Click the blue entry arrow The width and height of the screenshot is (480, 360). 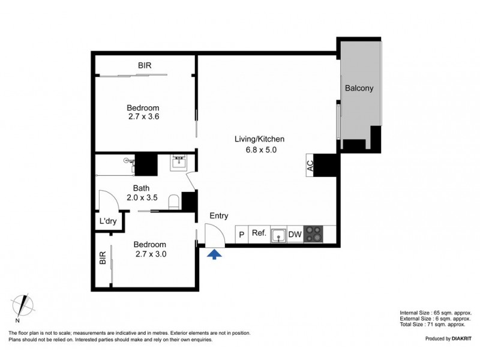coord(214,254)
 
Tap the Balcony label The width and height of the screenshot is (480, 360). coord(359,88)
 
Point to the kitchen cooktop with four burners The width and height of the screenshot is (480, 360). coord(313,234)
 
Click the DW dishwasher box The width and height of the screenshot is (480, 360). coord(295,234)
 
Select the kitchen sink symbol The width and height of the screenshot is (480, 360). coord(278,235)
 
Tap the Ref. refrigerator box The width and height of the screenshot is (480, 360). coord(259,233)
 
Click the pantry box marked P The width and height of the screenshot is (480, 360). coord(242,235)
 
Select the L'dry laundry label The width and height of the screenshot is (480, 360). coord(108,221)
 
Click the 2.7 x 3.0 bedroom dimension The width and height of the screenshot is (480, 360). coord(149,254)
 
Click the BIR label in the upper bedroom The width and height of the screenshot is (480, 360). coord(145,65)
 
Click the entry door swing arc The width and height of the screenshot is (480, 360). coord(215,232)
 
